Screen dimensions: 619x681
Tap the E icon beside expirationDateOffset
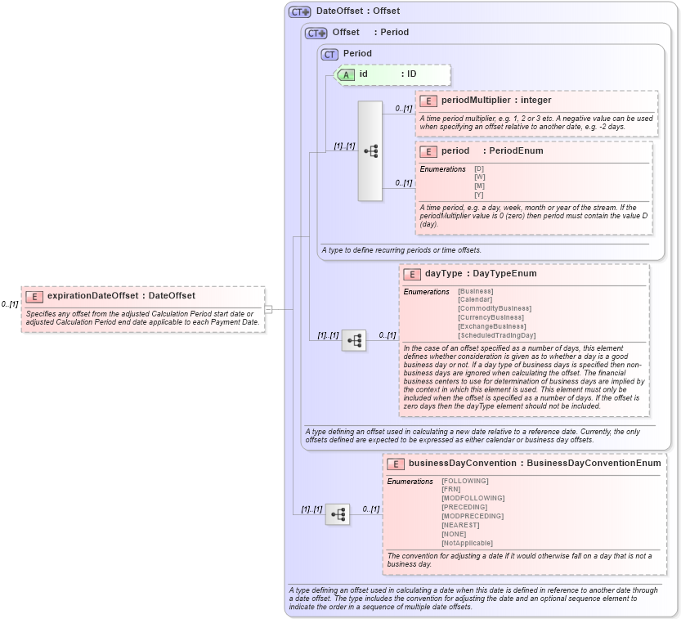pyautogui.click(x=34, y=296)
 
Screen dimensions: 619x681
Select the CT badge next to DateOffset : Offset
pyautogui.click(x=300, y=11)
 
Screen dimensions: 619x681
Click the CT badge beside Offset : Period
pyautogui.click(x=316, y=33)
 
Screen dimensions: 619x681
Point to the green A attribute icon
pyautogui.click(x=346, y=74)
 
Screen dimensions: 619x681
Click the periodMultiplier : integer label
pyautogui.click(x=496, y=101)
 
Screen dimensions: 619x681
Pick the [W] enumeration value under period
pyautogui.click(x=479, y=177)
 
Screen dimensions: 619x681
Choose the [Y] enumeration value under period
pyautogui.click(x=479, y=195)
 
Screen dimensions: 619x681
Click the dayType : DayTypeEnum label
pyautogui.click(x=480, y=274)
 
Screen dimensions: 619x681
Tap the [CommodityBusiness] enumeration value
pyautogui.click(x=494, y=308)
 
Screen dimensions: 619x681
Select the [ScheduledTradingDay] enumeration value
pyautogui.click(x=496, y=335)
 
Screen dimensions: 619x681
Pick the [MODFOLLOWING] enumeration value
pyautogui.click(x=473, y=498)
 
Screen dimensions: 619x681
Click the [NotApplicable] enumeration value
pyautogui.click(x=467, y=543)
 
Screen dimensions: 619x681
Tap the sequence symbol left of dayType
pyautogui.click(x=354, y=341)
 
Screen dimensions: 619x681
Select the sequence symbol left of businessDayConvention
pyautogui.click(x=337, y=514)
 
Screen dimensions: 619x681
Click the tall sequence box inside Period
pyautogui.click(x=370, y=151)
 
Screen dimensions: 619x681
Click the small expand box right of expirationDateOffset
pyautogui.click(x=267, y=309)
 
